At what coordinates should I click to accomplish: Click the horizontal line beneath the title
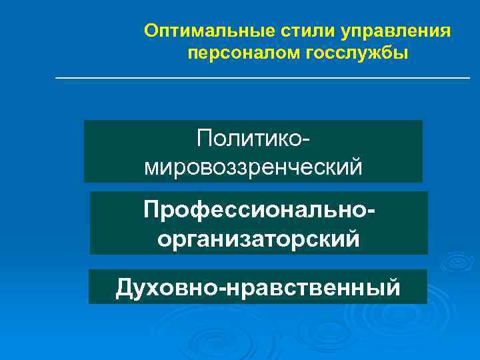coord(262,79)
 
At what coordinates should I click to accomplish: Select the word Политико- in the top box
coord(254,139)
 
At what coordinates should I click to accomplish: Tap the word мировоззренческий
coord(253,166)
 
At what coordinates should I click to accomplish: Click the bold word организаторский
coord(259,238)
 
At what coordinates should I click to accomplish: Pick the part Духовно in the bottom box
coord(169,287)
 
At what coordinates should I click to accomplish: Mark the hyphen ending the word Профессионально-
coord(371,213)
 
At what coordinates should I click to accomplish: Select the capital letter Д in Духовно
coord(125,287)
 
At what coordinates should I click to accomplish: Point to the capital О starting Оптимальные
coord(151,31)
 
